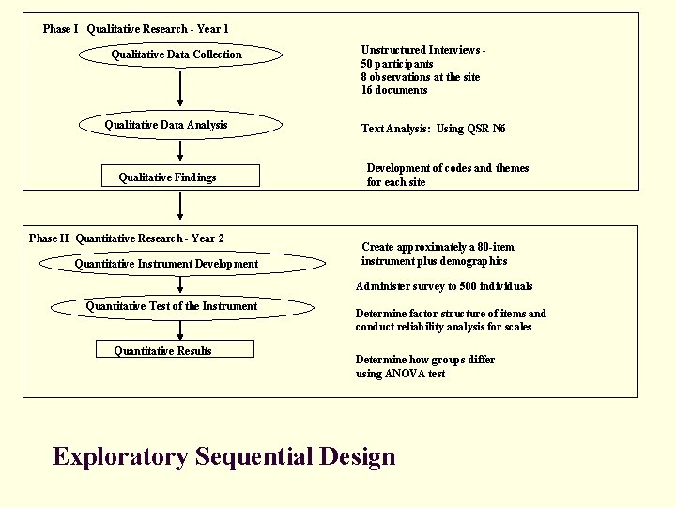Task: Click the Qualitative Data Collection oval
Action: pyautogui.click(x=179, y=54)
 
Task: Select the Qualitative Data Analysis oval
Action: pyautogui.click(x=179, y=124)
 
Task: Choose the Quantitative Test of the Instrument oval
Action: pyautogui.click(x=179, y=305)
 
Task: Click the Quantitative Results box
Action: pyautogui.click(x=177, y=350)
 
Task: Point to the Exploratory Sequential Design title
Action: pyautogui.click(x=223, y=457)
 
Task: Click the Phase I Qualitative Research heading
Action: pyautogui.click(x=136, y=29)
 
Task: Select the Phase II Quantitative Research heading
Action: pyautogui.click(x=127, y=238)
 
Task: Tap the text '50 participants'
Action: pyautogui.click(x=397, y=63)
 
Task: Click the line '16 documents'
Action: pyautogui.click(x=394, y=90)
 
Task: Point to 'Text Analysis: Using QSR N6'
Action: pyautogui.click(x=434, y=129)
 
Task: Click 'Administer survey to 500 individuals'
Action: pyautogui.click(x=444, y=286)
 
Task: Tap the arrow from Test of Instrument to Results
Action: pyautogui.click(x=179, y=330)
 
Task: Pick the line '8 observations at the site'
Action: pyautogui.click(x=421, y=77)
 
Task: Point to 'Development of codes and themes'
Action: pyautogui.click(x=448, y=168)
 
